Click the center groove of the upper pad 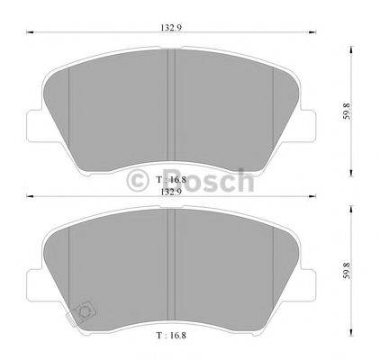(x=171, y=108)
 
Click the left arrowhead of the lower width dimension (x=25, y=198)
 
